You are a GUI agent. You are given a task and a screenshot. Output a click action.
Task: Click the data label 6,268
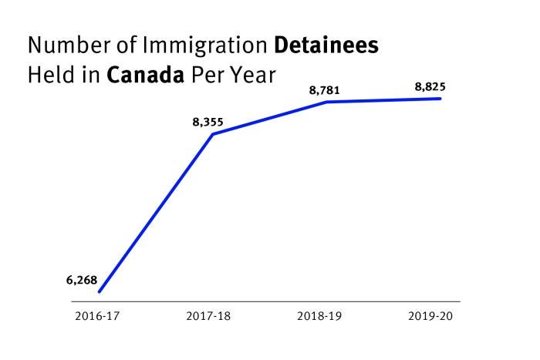click(82, 281)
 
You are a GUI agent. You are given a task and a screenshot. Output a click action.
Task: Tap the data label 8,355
click(208, 122)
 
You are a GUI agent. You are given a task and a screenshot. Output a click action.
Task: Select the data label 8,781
click(325, 90)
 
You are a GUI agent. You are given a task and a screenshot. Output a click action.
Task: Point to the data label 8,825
click(430, 87)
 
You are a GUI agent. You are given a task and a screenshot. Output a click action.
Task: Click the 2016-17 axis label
click(97, 316)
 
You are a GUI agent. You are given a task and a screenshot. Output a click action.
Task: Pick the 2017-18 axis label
click(208, 316)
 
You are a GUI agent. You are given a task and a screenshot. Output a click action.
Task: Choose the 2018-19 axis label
click(319, 316)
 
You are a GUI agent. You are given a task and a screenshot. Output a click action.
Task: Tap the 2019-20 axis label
click(430, 316)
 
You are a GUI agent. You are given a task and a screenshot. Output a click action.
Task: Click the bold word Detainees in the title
click(326, 45)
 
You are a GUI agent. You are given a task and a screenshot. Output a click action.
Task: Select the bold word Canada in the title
click(145, 75)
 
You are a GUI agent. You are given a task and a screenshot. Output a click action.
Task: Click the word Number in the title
click(69, 45)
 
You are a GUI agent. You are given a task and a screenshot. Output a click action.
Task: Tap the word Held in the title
click(52, 75)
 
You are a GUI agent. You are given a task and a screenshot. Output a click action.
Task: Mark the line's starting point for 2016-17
click(100, 292)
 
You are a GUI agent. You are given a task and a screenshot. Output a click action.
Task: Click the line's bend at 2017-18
click(213, 134)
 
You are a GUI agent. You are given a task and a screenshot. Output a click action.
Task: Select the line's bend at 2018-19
click(327, 102)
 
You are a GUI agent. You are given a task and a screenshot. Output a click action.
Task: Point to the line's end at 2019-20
click(440, 99)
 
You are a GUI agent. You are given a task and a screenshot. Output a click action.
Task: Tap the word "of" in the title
click(127, 45)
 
